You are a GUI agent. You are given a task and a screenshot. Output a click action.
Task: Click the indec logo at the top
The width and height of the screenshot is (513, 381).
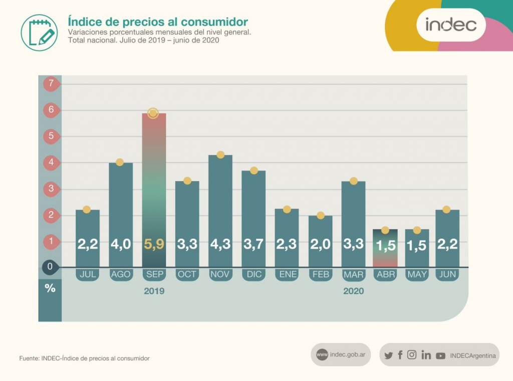tap(451, 24)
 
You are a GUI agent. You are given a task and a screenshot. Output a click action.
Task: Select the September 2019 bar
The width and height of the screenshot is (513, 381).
tap(153, 190)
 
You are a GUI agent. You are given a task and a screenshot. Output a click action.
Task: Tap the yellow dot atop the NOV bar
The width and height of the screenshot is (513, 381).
tap(220, 154)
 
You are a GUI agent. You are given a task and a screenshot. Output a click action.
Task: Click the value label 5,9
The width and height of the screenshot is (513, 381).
tap(153, 245)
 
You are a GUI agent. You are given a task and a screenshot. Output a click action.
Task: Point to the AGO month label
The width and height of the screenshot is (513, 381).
tap(120, 274)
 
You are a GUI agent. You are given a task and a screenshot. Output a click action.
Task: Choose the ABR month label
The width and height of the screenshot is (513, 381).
tap(385, 274)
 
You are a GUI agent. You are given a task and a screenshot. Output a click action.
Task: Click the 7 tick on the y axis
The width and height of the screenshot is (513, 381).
tap(50, 83)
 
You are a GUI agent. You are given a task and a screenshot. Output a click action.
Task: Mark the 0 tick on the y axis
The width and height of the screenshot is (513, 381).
tap(50, 267)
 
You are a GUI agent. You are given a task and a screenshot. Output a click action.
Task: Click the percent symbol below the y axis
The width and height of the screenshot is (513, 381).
tap(50, 289)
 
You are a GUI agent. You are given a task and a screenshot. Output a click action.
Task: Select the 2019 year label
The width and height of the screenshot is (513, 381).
tap(154, 291)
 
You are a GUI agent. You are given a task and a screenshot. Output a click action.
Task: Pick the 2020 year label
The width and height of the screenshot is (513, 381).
tap(353, 291)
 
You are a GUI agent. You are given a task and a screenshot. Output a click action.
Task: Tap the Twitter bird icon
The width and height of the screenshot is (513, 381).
tap(388, 355)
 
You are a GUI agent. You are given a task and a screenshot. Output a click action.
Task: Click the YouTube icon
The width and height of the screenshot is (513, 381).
tap(440, 355)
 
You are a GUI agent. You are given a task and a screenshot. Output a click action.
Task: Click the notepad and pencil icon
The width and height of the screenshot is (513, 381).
tap(39, 33)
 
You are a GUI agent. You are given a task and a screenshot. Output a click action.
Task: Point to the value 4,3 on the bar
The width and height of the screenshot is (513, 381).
tap(220, 245)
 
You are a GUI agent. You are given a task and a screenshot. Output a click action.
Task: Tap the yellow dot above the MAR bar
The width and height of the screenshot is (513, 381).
tap(353, 180)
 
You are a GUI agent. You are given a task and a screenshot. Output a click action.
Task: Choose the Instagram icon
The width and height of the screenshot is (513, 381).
tap(412, 355)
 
